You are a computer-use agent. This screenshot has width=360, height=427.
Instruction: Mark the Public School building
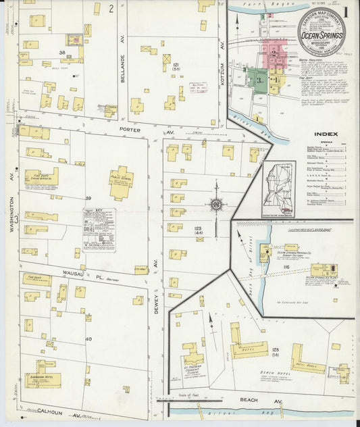(122, 184)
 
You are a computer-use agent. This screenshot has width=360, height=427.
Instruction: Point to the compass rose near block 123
(217, 203)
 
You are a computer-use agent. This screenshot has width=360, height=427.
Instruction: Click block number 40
(88, 338)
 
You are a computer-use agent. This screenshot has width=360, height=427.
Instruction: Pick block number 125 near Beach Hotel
(275, 349)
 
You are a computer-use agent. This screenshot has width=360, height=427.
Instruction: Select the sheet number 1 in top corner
(345, 11)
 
